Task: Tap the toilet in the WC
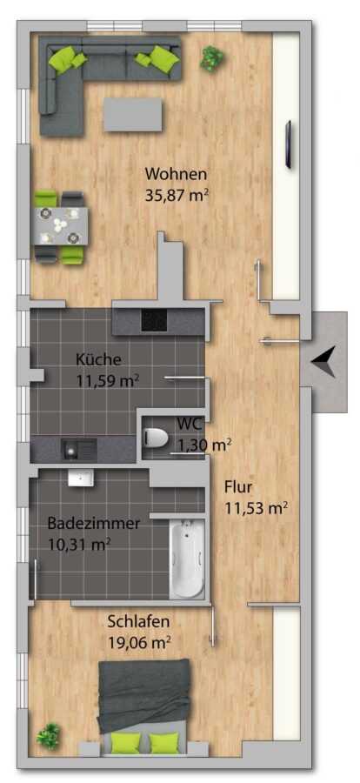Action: pos(156,438)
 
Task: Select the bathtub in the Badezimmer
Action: pos(187,558)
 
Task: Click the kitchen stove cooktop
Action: pos(154,319)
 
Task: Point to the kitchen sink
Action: pos(79,448)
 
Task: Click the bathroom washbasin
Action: pos(80,478)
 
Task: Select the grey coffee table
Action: pos(133,114)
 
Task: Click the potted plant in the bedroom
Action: pos(49,736)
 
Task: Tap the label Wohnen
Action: pos(176,175)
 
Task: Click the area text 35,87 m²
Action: pos(177,194)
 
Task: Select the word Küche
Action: pos(98,358)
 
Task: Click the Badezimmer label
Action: pos(93,525)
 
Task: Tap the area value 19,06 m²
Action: pos(139,641)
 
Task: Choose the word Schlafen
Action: pos(139,622)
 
